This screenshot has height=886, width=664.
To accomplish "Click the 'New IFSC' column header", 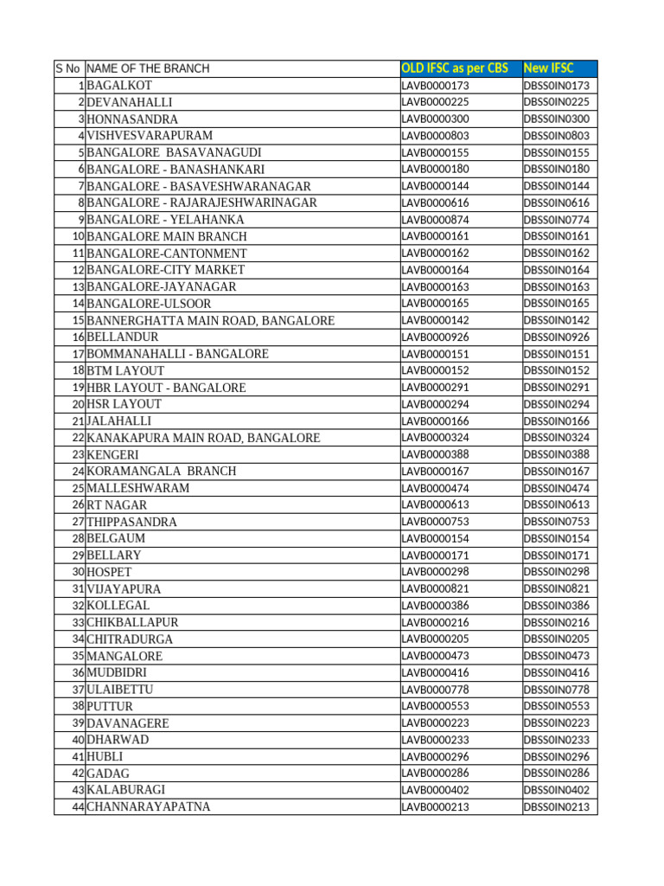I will click(x=548, y=68).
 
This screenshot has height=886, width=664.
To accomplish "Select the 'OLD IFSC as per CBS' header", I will click(x=455, y=68).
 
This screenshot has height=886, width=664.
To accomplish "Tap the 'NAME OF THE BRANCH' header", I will click(x=148, y=68).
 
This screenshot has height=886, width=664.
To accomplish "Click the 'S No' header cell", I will click(x=69, y=68).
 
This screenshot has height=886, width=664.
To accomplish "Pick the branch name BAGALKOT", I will click(x=119, y=86).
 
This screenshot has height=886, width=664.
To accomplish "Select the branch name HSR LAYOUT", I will click(x=124, y=404).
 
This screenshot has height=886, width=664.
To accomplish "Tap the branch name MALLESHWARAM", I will click(x=138, y=488).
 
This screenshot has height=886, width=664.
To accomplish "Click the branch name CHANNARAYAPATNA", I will click(x=148, y=806).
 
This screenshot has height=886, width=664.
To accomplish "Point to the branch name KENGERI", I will click(x=112, y=454).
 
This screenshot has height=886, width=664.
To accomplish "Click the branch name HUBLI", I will click(x=105, y=756).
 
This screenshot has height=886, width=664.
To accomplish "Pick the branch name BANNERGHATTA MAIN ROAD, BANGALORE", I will click(x=210, y=320).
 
